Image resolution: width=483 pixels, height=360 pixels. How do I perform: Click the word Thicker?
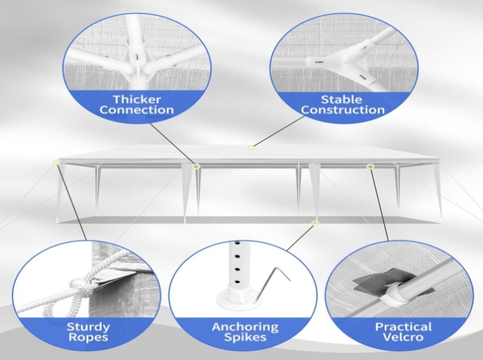pos(137,99)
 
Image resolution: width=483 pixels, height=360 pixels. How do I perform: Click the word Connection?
pos(137,110)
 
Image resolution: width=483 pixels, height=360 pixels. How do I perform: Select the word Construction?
pos(343,110)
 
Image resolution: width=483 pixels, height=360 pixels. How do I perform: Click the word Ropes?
pos(88,337)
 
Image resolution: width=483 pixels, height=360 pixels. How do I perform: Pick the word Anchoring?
pos(245,327)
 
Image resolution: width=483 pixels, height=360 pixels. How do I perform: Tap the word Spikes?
pos(245,337)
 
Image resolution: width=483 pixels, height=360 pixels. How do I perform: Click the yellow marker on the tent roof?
pos(251,148)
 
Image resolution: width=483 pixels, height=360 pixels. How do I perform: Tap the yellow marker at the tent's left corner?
pos(56,162)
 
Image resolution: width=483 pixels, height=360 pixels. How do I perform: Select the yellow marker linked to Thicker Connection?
pos(196,166)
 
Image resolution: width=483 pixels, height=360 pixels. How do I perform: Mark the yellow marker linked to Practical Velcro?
pos(370,166)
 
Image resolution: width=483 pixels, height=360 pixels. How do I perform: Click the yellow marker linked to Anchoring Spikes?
pos(315,223)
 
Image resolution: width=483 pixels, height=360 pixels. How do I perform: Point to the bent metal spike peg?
pos(271,282)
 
